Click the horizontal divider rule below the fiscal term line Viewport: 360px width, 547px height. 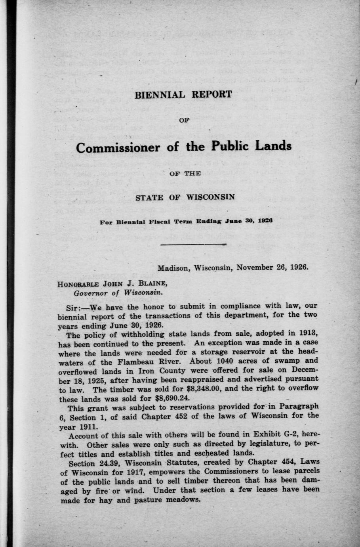coord(192,244)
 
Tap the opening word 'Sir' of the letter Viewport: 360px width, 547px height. coord(73,307)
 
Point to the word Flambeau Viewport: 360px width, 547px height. coord(137,362)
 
